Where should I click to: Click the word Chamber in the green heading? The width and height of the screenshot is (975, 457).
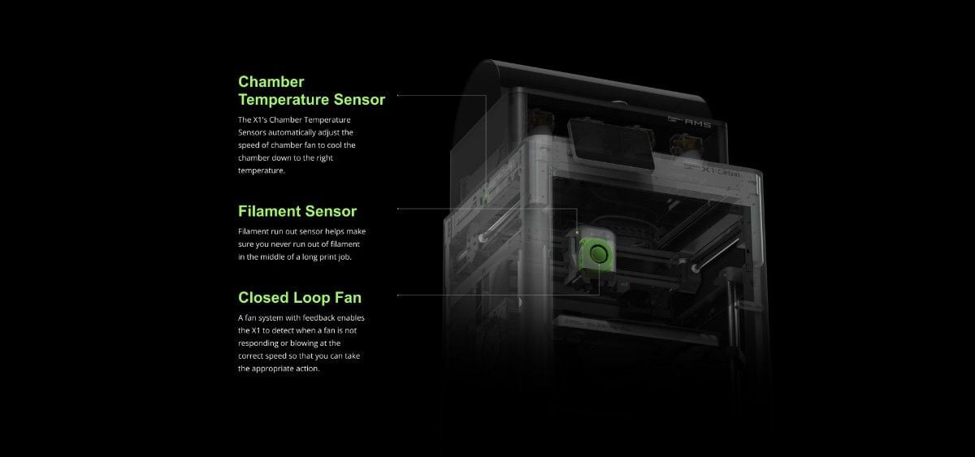(x=271, y=82)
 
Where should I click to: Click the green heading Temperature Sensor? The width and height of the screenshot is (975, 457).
(x=312, y=100)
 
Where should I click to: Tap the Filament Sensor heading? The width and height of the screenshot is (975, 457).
(x=297, y=211)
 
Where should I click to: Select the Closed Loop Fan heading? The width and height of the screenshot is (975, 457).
(x=300, y=298)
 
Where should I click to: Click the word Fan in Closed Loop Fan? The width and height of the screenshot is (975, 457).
(x=348, y=298)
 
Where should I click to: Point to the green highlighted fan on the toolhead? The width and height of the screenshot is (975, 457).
(x=598, y=253)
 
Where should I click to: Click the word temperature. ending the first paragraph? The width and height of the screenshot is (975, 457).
(x=262, y=170)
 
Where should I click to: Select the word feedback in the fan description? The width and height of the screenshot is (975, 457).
(x=319, y=318)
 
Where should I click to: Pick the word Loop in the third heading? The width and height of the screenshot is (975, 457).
(x=312, y=298)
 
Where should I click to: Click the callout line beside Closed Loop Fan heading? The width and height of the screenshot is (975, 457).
(x=499, y=295)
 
